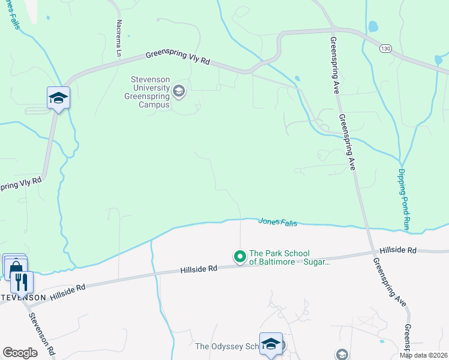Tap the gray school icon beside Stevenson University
[178, 91]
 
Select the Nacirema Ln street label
[119, 38]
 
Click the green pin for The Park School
[240, 257]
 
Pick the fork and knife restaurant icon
[22, 281]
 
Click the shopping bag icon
[15, 267]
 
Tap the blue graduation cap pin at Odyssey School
[271, 343]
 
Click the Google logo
[20, 353]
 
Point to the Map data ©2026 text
[423, 355]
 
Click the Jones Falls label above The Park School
[277, 222]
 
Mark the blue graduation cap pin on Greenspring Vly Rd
[58, 97]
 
